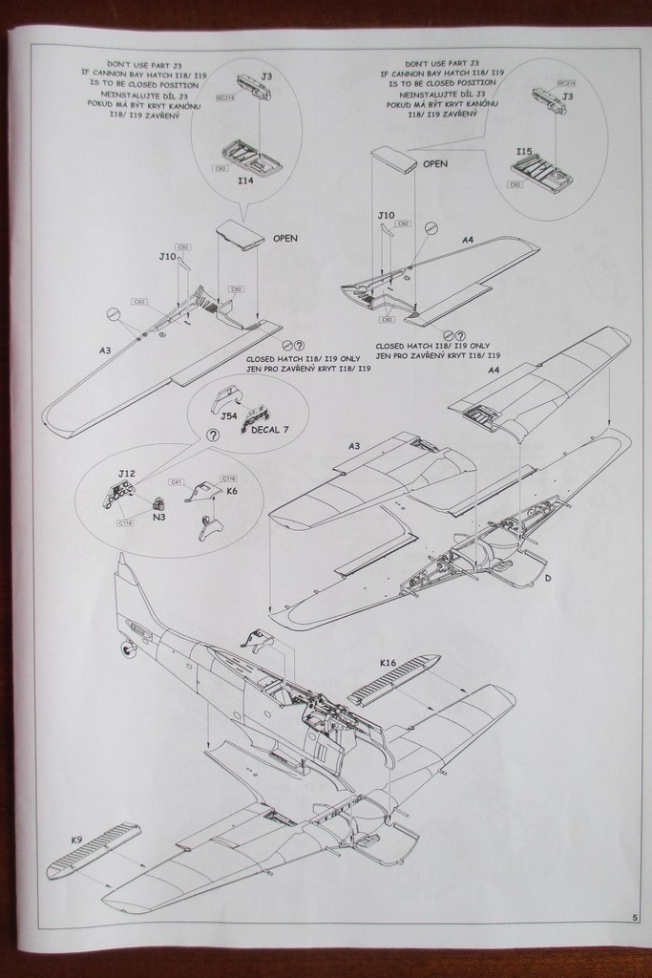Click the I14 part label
tap(246, 180)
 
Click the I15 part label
tap(524, 152)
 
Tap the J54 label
tap(228, 416)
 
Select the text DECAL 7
tap(269, 430)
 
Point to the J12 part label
tap(127, 474)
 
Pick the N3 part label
tap(159, 517)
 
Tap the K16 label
tap(388, 663)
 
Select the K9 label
tap(76, 840)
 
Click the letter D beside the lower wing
tap(548, 579)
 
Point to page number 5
tap(635, 918)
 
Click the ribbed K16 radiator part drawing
tap(393, 681)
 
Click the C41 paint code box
tap(177, 482)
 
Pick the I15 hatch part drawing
tap(541, 173)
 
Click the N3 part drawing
tap(158, 502)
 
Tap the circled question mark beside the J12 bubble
tap(212, 435)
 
